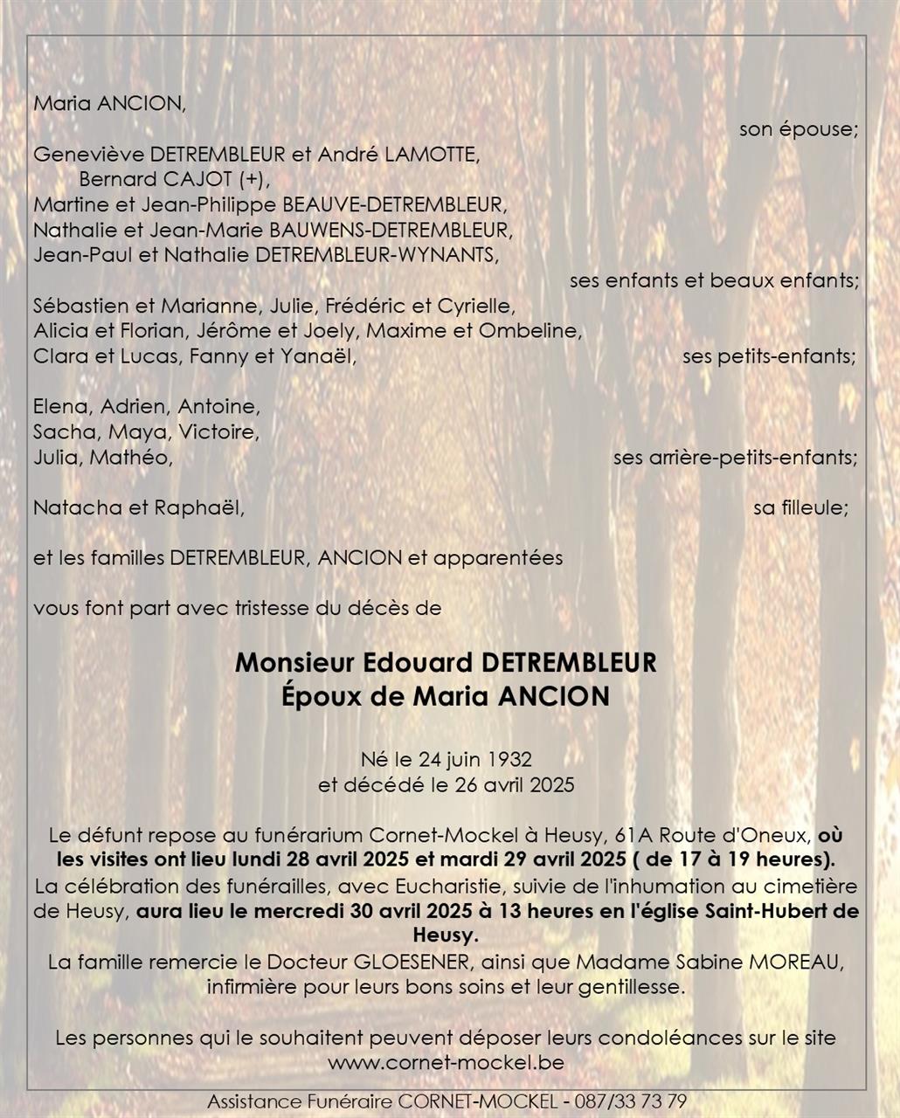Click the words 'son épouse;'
pos(799,130)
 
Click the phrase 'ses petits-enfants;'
pos(769,357)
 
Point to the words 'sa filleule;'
pos(800,508)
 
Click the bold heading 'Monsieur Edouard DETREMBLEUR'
pos(446,663)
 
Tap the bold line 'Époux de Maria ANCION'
pos(446,697)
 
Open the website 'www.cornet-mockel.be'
pos(446,1064)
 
